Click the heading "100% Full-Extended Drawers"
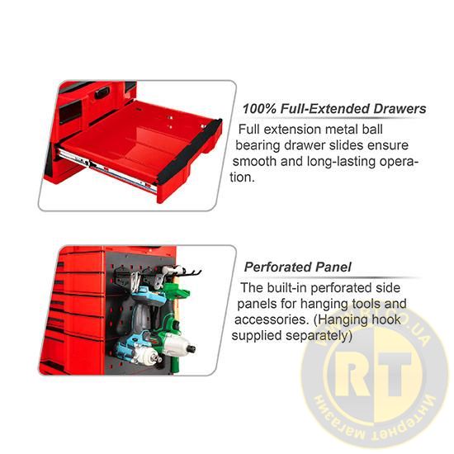pyautogui.click(x=334, y=109)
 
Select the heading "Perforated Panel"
pyautogui.click(x=297, y=267)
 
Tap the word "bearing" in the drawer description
pyautogui.click(x=258, y=145)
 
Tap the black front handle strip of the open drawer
pyautogui.click(x=190, y=152)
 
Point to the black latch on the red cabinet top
pyautogui.click(x=102, y=92)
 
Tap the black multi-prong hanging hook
pyautogui.click(x=187, y=272)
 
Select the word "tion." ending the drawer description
pyautogui.click(x=243, y=177)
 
